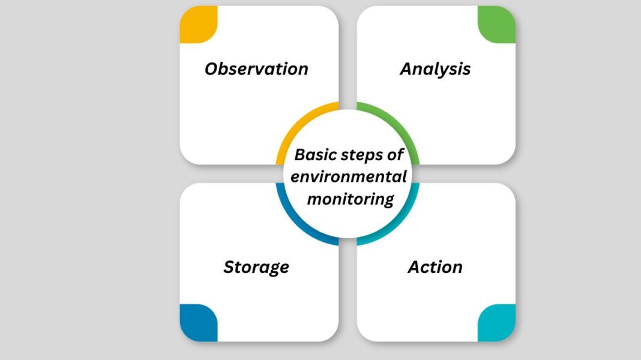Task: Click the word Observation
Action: [256, 69]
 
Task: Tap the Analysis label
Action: [435, 69]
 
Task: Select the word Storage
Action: [256, 267]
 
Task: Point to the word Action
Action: [435, 267]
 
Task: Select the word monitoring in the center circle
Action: [350, 199]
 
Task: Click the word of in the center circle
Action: [395, 155]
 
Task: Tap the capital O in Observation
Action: [211, 69]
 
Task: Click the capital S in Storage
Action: [229, 267]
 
